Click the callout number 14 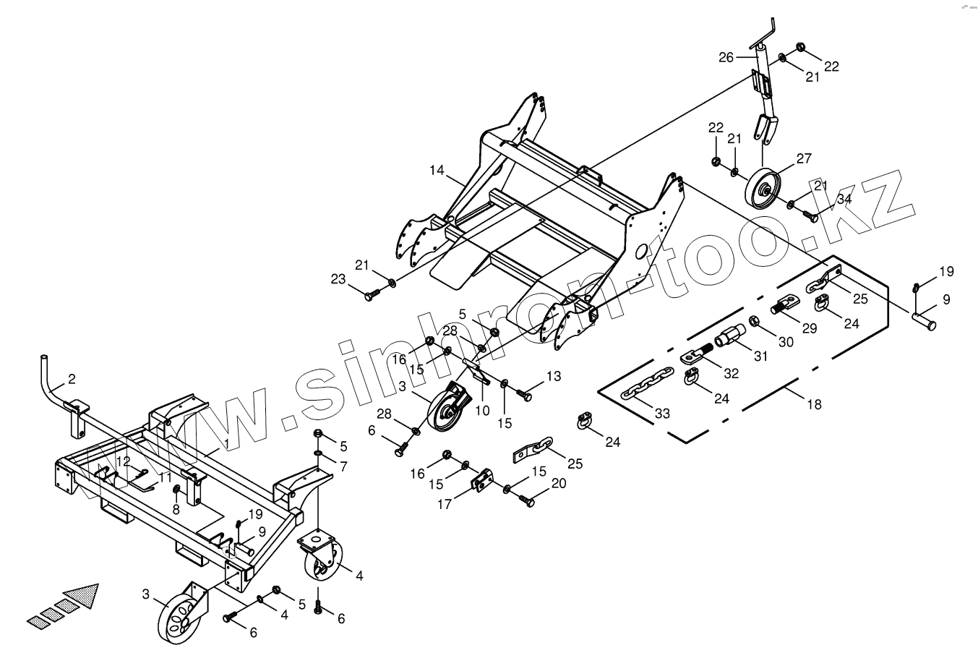pos(436,171)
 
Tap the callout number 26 pos(726,57)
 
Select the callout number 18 pos(815,404)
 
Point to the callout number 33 pos(662,414)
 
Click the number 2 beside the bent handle pos(72,379)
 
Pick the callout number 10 pos(483,411)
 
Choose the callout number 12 pos(124,461)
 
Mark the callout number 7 pos(343,467)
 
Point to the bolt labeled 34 pos(810,215)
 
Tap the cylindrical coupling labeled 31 pos(732,338)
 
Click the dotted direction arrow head pos(83,594)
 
